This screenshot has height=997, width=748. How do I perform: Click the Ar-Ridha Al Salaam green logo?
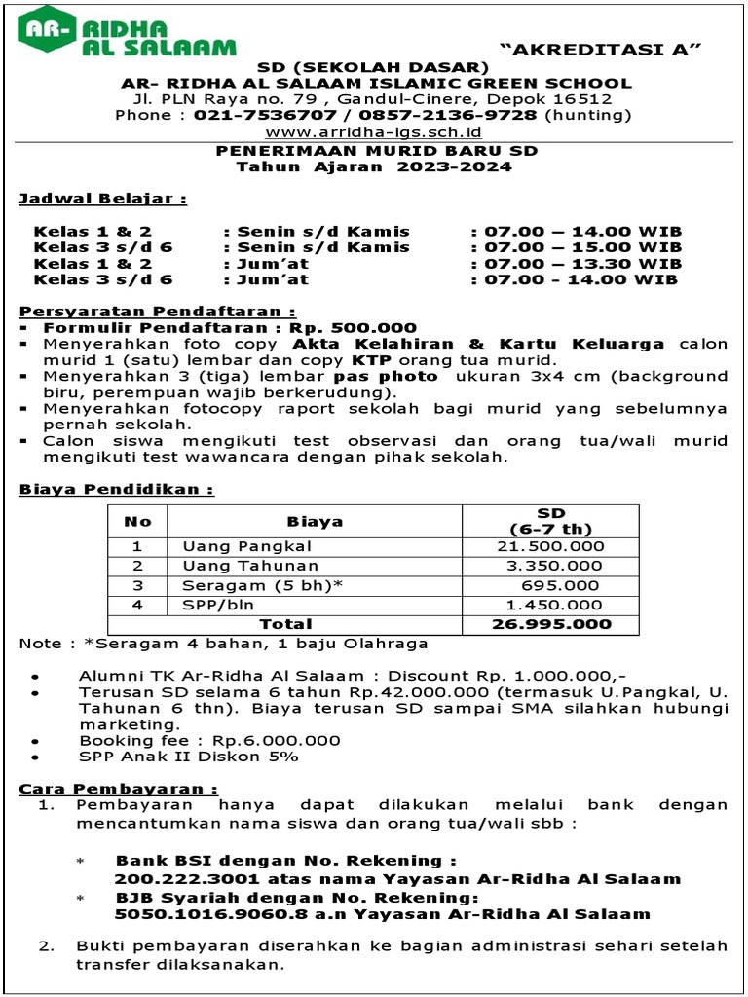pyautogui.click(x=127, y=30)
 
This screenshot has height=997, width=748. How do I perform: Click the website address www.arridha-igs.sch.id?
pyautogui.click(x=374, y=131)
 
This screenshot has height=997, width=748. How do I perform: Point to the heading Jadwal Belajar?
pyautogui.click(x=102, y=200)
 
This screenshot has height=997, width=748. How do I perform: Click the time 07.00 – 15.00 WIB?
pyautogui.click(x=580, y=247)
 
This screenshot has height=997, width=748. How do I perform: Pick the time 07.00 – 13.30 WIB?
pyautogui.click(x=580, y=263)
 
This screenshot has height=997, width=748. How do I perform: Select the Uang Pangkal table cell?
pyautogui.click(x=246, y=546)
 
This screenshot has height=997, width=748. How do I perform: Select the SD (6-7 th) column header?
pyautogui.click(x=550, y=520)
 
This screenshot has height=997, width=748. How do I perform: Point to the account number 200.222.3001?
pyautogui.click(x=178, y=879)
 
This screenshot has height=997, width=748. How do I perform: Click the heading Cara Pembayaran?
pyautogui.click(x=119, y=788)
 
